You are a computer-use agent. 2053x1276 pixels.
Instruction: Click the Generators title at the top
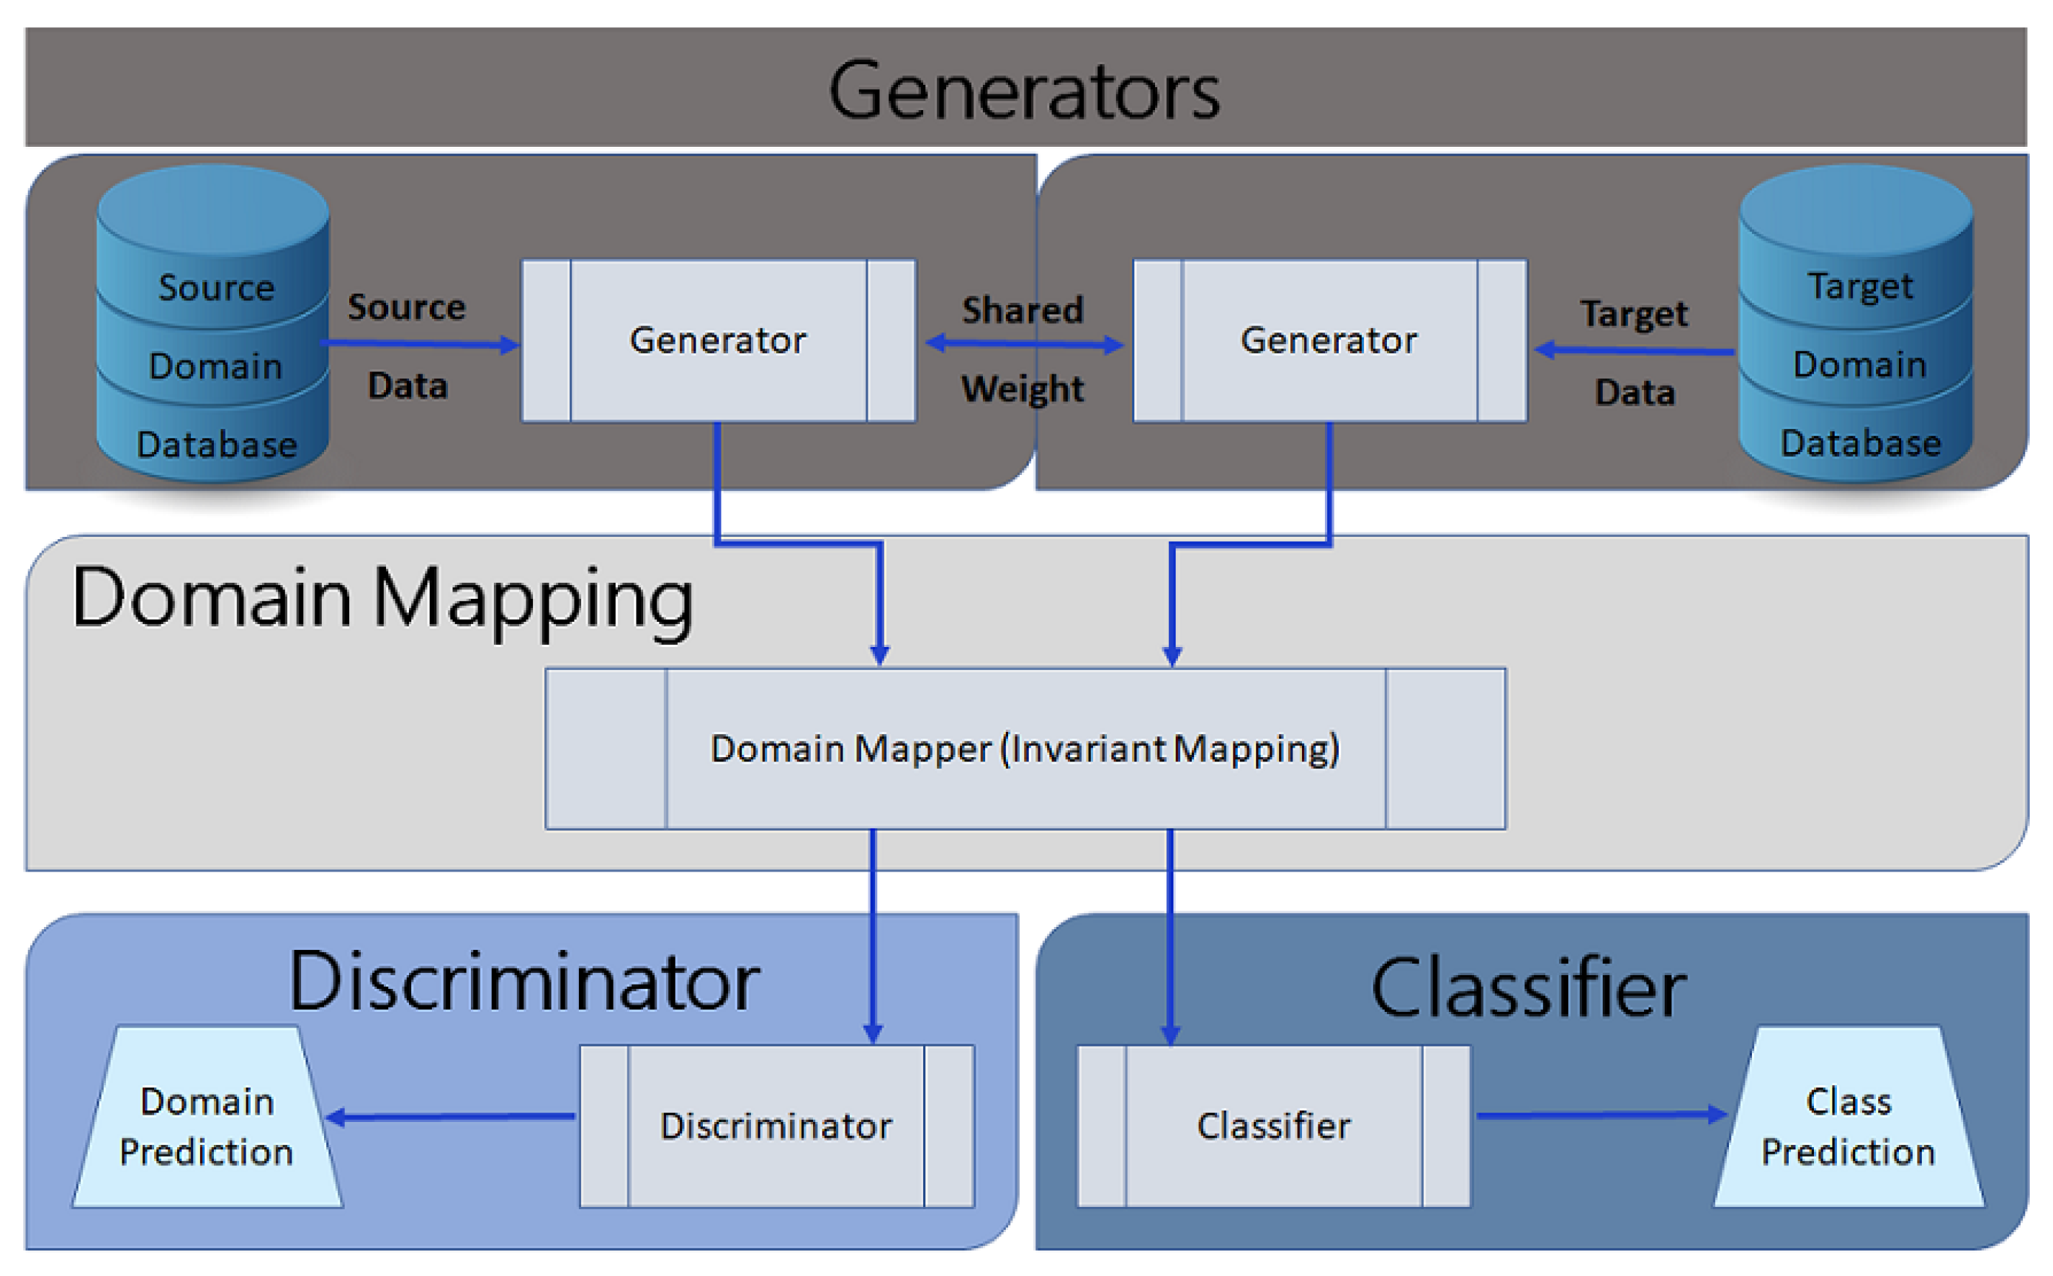[x=1024, y=91]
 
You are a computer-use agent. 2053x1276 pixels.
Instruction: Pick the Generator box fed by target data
[x=1329, y=340]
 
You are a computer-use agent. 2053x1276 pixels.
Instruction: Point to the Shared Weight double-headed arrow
[x=1024, y=343]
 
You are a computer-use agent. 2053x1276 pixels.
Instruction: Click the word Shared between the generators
[x=1023, y=309]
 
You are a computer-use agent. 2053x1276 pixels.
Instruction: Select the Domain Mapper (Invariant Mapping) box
[x=1025, y=748]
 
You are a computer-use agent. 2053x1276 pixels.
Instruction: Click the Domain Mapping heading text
[x=382, y=599]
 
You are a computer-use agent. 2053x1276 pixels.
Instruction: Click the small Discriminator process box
[x=777, y=1126]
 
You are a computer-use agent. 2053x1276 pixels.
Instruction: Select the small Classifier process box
[x=1273, y=1126]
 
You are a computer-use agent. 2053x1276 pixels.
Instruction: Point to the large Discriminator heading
[x=524, y=982]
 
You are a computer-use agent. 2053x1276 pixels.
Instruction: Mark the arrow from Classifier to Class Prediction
[x=1599, y=1115]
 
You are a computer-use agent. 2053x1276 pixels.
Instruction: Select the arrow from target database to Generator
[x=1633, y=349]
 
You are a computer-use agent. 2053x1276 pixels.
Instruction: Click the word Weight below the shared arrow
[x=1023, y=389]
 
